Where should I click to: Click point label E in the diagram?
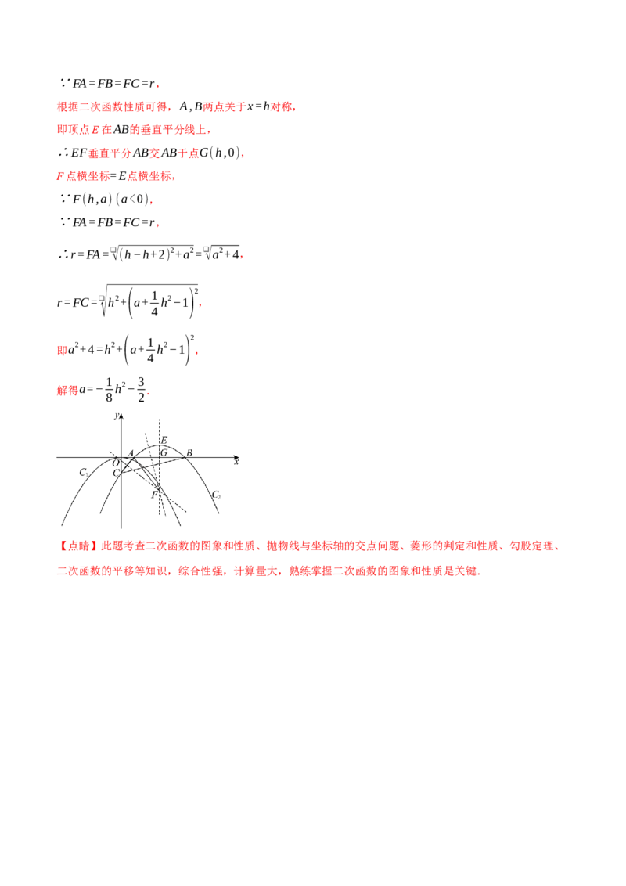pyautogui.click(x=164, y=440)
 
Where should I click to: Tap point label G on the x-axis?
pyautogui.click(x=164, y=452)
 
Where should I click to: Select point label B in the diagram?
pyautogui.click(x=189, y=452)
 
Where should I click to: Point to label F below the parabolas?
pyautogui.click(x=153, y=495)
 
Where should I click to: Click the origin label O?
pyautogui.click(x=115, y=463)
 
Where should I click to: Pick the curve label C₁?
pyautogui.click(x=84, y=472)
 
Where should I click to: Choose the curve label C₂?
pyautogui.click(x=216, y=495)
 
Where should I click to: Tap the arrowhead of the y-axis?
pyautogui.click(x=121, y=416)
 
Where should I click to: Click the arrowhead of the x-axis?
pyautogui.click(x=236, y=457)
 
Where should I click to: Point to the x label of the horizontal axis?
pyautogui.click(x=236, y=463)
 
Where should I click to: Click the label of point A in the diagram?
pyautogui.click(x=131, y=452)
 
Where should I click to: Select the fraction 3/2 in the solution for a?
pyautogui.click(x=142, y=389)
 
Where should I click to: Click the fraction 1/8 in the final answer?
pyautogui.click(x=109, y=389)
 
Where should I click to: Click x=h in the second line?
pyautogui.click(x=258, y=106)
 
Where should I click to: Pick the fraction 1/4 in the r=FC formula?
pyautogui.click(x=154, y=304)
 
